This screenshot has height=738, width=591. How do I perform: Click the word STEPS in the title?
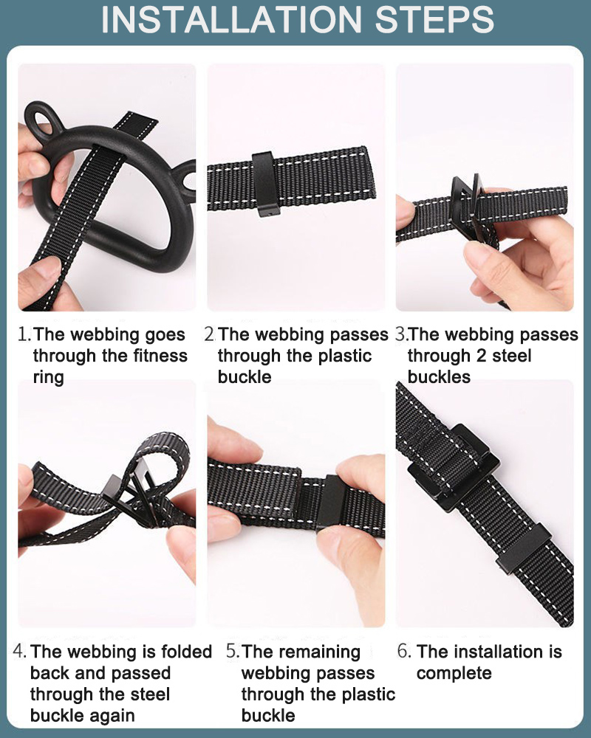click(x=434, y=19)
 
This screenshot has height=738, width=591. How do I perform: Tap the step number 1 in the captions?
click(x=23, y=334)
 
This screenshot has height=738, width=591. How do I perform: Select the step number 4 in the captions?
click(x=19, y=652)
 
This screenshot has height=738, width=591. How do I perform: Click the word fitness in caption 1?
click(x=160, y=356)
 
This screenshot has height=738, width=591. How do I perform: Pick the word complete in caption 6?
click(x=454, y=674)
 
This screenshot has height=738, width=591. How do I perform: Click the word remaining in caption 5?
click(x=301, y=652)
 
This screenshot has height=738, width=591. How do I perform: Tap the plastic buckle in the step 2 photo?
click(x=265, y=184)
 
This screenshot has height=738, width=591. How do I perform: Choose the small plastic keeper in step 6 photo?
click(x=523, y=548)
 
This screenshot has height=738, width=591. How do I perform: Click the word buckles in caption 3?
click(x=439, y=377)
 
